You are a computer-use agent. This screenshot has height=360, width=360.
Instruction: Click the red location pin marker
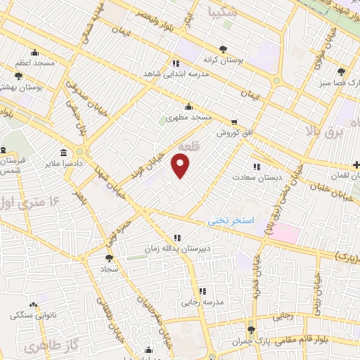(x=181, y=167)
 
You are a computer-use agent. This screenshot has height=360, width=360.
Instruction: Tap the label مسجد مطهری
(x=188, y=118)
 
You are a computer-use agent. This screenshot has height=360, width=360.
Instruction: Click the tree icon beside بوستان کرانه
(x=223, y=49)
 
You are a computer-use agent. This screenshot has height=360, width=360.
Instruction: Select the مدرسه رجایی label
(x=202, y=302)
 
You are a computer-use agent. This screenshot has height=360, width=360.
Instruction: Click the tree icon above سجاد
(x=108, y=257)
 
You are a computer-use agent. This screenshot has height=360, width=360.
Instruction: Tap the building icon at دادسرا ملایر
(x=64, y=153)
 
